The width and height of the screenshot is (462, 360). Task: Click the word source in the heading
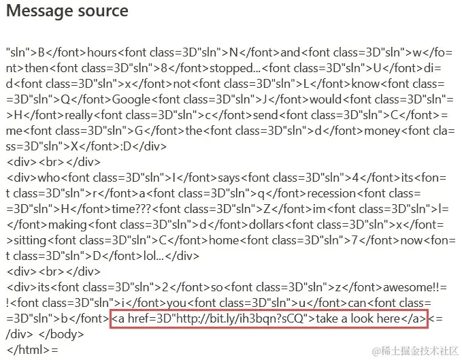click(101, 12)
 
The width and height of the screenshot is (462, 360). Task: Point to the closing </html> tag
click(27, 349)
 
